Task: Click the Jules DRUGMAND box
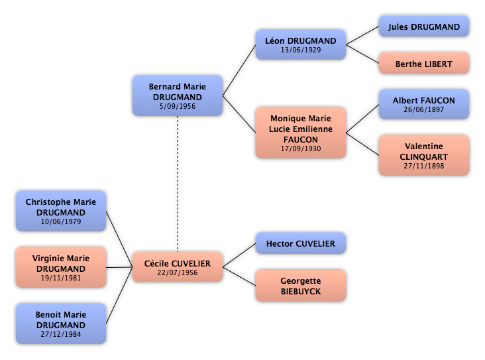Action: click(424, 27)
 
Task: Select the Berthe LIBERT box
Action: click(424, 64)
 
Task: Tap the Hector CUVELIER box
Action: click(301, 243)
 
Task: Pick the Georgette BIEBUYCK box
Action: click(301, 286)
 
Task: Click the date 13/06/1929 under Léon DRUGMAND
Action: click(301, 50)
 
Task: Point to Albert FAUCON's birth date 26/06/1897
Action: click(424, 109)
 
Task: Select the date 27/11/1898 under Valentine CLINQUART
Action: click(424, 166)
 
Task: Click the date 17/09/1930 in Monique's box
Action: click(301, 149)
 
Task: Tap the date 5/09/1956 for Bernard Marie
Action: click(178, 106)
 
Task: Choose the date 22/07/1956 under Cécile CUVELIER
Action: click(178, 272)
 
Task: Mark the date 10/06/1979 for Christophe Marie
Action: click(61, 221)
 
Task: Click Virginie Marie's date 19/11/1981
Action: click(61, 278)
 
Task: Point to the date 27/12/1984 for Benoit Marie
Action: click(61, 334)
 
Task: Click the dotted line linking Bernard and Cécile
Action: click(178, 184)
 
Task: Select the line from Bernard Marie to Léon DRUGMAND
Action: click(239, 70)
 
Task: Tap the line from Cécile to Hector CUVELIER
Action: click(239, 255)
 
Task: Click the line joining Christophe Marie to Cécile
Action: click(119, 239)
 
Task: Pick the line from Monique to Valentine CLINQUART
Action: click(362, 144)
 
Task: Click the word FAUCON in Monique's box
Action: click(301, 140)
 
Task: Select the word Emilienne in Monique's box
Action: click(314, 129)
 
